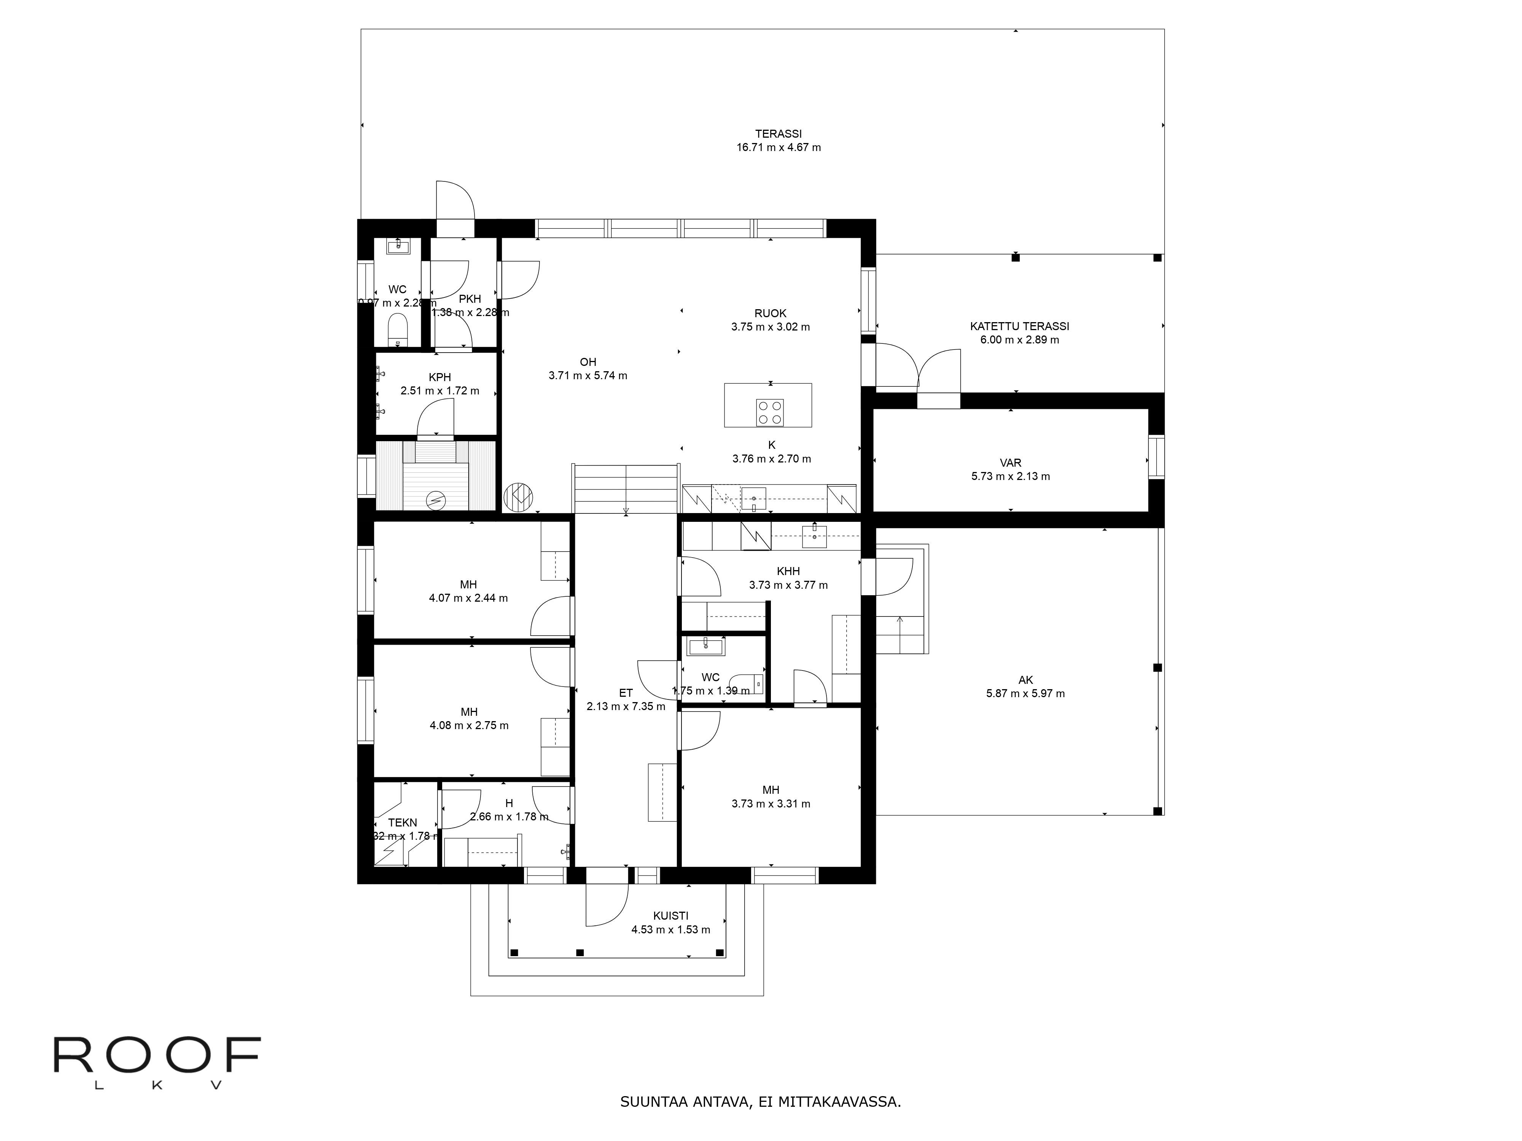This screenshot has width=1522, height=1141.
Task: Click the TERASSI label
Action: tap(778, 134)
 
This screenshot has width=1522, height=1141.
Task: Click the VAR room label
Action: tap(1010, 463)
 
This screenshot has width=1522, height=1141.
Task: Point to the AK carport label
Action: tap(1025, 680)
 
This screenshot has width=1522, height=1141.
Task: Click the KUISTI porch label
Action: tap(670, 916)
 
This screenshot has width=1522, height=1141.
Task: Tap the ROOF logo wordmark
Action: tap(157, 1056)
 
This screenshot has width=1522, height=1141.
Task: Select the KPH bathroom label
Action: tap(440, 378)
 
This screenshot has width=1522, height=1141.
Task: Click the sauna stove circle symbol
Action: tap(436, 501)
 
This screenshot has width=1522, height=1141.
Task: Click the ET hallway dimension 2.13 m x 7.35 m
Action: tap(626, 706)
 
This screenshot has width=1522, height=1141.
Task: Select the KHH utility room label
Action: tap(788, 572)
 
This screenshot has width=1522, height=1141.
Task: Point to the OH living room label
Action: tap(587, 362)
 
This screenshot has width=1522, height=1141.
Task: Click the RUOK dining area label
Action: tap(770, 314)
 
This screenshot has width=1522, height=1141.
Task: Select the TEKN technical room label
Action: tap(403, 823)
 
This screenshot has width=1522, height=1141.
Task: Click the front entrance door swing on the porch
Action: tap(607, 906)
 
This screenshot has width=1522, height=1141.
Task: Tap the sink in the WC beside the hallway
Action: tap(705, 647)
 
